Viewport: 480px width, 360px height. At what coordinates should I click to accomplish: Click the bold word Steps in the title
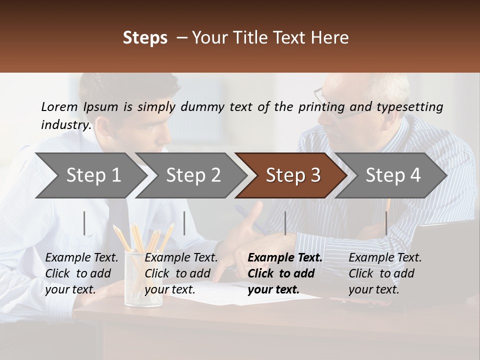[x=145, y=38]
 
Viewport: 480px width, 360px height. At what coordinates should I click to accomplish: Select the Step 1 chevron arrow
[x=90, y=175]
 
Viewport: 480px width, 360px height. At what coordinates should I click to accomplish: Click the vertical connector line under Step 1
[x=84, y=223]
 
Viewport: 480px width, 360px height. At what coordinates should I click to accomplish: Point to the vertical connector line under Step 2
[x=184, y=223]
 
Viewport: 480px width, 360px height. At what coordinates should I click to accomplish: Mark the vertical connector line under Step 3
[x=285, y=223]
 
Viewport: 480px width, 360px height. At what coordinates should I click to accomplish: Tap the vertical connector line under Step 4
[x=386, y=223]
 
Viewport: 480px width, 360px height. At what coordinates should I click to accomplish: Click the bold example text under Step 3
[x=284, y=273]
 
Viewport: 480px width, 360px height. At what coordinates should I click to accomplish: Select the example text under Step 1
[x=81, y=273]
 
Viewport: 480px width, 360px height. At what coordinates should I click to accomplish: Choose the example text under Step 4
[x=384, y=273]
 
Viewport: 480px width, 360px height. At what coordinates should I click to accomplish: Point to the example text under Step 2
[x=181, y=273]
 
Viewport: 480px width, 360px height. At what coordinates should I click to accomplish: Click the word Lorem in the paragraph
[x=59, y=106]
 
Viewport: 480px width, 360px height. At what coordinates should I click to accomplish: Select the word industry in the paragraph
[x=65, y=125]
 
